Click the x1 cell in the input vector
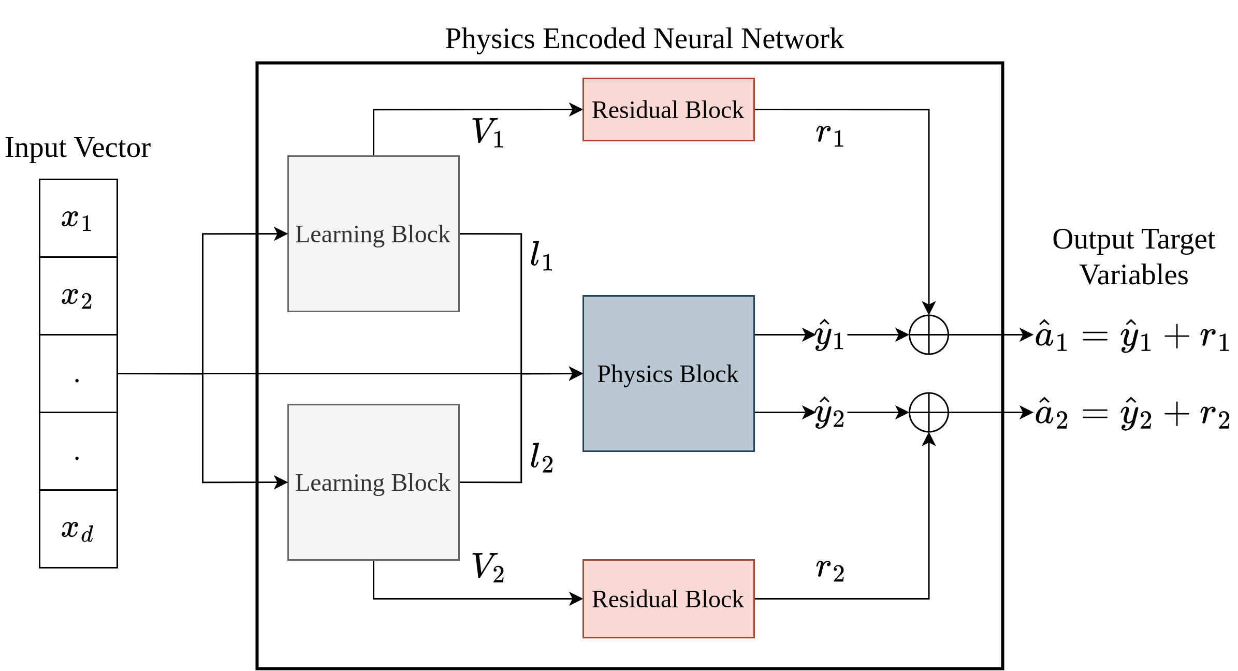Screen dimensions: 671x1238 (x=78, y=218)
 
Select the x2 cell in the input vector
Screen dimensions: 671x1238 (x=78, y=296)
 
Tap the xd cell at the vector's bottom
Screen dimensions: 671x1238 (x=78, y=529)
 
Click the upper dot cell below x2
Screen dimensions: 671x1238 (x=78, y=374)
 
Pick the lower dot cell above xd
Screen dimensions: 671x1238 (x=78, y=451)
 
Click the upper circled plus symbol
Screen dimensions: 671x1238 (x=929, y=335)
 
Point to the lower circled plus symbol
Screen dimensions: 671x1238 (x=929, y=413)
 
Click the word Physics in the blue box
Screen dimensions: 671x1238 (x=635, y=374)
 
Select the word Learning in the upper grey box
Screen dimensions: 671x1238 (x=340, y=235)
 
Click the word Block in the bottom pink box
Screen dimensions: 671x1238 (x=715, y=600)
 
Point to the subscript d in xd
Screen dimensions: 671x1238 (x=88, y=534)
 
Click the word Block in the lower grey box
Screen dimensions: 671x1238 (x=420, y=483)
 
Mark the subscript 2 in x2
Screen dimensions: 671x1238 (x=86, y=302)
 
